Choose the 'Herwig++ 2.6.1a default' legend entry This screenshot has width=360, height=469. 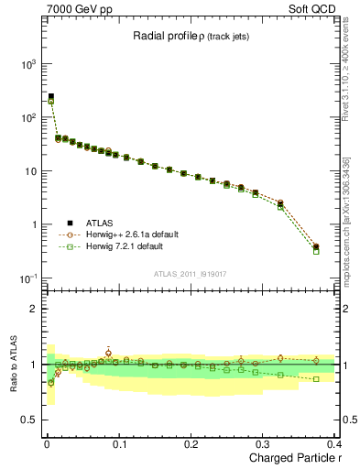126,234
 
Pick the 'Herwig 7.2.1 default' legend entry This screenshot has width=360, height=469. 122,246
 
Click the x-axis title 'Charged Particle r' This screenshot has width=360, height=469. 291,459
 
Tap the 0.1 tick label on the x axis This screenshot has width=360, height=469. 117,444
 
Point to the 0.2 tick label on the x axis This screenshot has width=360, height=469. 191,444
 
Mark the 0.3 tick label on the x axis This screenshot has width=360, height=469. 263,444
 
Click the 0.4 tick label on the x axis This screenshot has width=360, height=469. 333,444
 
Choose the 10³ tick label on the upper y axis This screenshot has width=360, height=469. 25,65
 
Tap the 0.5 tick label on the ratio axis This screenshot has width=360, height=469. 27,421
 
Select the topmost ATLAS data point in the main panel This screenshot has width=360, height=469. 51,96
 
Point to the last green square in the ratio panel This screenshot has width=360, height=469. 316,378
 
